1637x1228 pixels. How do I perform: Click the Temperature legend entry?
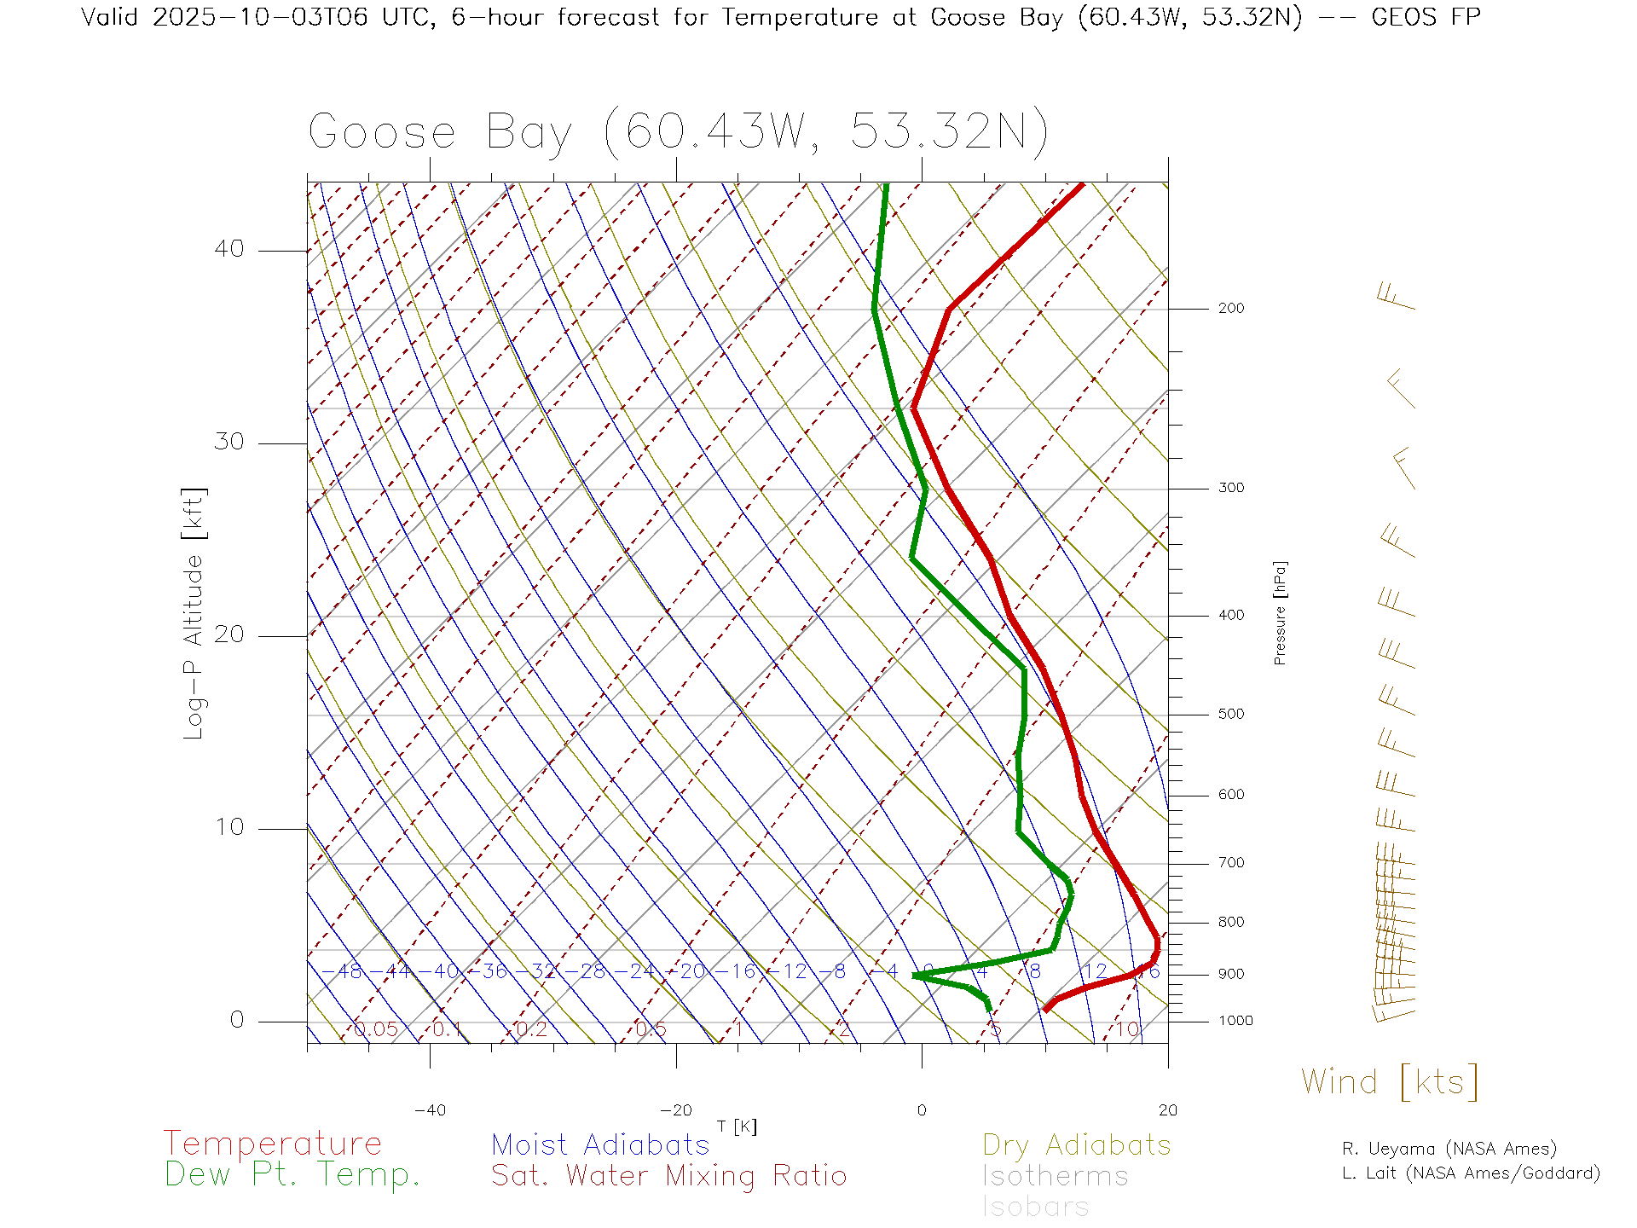[x=273, y=1144]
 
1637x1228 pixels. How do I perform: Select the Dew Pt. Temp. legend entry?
[x=292, y=1175]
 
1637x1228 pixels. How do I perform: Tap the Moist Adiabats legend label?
[x=601, y=1145]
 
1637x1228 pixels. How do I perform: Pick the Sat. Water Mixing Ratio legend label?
[x=669, y=1176]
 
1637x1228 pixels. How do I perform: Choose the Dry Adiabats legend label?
[x=1077, y=1145]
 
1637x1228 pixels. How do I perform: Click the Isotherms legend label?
[x=1056, y=1176]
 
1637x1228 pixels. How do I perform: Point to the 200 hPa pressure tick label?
[x=1230, y=309]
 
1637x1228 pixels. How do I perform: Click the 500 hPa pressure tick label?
[x=1230, y=715]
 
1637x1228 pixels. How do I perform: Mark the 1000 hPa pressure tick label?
[x=1235, y=1021]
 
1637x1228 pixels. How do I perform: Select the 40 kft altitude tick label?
[x=229, y=249]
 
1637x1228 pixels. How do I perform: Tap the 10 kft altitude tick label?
[x=229, y=827]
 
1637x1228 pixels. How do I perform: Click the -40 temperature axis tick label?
[x=430, y=1110]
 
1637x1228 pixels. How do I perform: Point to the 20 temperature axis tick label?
[x=1167, y=1110]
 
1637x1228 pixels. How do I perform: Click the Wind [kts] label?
[x=1390, y=1082]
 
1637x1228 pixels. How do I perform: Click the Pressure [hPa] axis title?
[x=1280, y=613]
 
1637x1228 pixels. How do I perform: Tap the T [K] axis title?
[x=737, y=1127]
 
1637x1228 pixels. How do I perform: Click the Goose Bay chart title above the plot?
[x=678, y=132]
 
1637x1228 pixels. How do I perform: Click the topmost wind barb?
[x=1396, y=297]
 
